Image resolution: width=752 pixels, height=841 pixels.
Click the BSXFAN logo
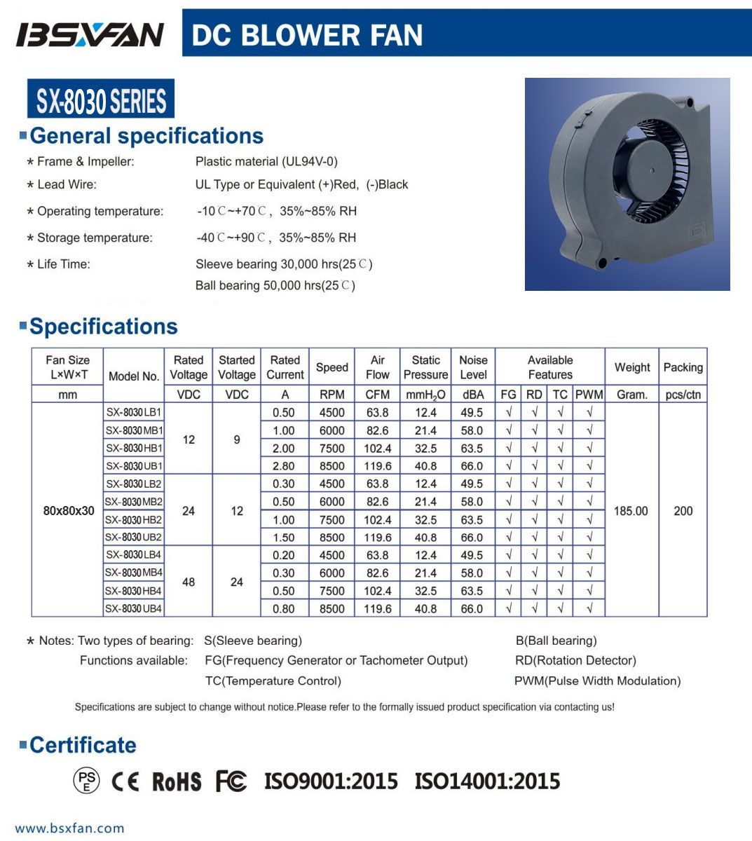(x=90, y=34)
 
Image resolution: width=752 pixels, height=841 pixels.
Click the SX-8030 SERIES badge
(x=101, y=100)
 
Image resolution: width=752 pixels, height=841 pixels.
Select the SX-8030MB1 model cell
(x=134, y=430)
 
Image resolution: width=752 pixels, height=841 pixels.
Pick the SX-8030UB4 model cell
(x=134, y=608)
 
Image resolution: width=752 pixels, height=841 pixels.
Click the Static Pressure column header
(x=425, y=367)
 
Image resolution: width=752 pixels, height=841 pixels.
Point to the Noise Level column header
(x=473, y=367)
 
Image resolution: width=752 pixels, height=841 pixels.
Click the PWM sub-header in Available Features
(x=589, y=395)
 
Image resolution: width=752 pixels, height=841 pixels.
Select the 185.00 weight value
(x=631, y=511)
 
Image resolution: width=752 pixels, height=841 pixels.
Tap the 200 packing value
(x=683, y=511)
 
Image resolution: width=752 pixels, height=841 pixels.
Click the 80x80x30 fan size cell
(x=69, y=511)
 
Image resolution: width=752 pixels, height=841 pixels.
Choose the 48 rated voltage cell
(x=189, y=582)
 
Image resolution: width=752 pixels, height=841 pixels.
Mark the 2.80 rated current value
(x=284, y=466)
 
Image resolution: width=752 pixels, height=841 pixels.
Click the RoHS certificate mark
(x=177, y=781)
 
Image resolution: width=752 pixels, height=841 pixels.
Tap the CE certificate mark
(x=125, y=781)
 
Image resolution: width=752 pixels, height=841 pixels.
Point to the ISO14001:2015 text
(x=487, y=781)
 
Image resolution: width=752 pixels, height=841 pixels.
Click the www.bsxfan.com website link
(x=69, y=828)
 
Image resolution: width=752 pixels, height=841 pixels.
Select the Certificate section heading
(x=83, y=745)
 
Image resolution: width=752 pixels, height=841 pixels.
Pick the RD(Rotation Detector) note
(x=575, y=660)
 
